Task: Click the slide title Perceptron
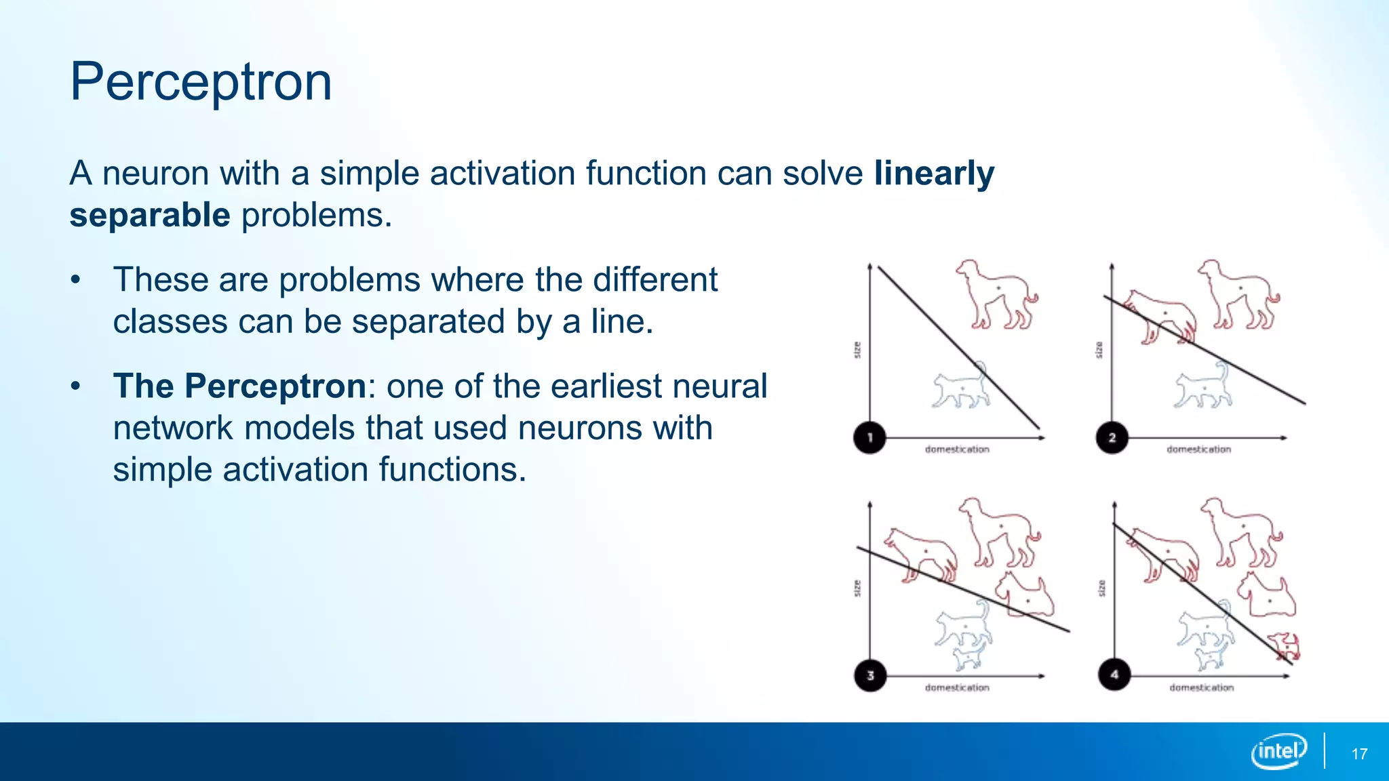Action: (x=201, y=81)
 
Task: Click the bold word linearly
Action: (x=934, y=173)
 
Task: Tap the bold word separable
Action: (x=150, y=216)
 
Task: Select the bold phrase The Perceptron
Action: (x=239, y=386)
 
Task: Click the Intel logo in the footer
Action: (x=1279, y=751)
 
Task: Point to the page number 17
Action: (x=1359, y=754)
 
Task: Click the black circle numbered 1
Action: (x=869, y=437)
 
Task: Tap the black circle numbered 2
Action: (x=1112, y=437)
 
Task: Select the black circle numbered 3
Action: (x=870, y=675)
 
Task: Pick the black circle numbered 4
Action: (x=1114, y=675)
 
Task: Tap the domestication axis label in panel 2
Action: (x=1198, y=449)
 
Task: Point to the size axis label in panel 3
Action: (x=857, y=588)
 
